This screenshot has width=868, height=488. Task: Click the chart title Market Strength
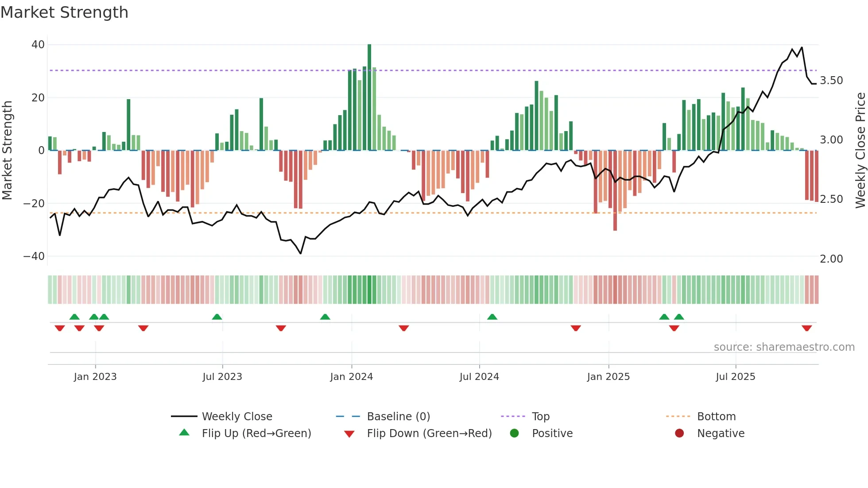click(x=64, y=12)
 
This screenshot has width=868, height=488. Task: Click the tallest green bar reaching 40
click(x=369, y=97)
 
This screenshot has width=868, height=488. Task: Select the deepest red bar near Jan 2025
click(x=615, y=190)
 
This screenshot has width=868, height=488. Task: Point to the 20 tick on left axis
click(x=38, y=97)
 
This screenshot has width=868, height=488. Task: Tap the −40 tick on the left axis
click(x=34, y=256)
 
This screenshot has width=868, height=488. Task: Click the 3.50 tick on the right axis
click(x=831, y=81)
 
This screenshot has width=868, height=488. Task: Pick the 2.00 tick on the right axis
click(x=831, y=259)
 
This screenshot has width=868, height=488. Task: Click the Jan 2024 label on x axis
click(x=352, y=377)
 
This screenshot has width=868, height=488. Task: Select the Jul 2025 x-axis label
click(x=736, y=377)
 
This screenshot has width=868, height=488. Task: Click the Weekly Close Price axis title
click(x=860, y=151)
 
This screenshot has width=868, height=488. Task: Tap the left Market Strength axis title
click(x=7, y=151)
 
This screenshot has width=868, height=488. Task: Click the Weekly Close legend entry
click(x=237, y=417)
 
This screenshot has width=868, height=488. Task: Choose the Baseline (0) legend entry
click(x=398, y=417)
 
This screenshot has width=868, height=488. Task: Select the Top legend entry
click(x=540, y=417)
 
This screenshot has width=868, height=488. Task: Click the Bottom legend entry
click(x=716, y=417)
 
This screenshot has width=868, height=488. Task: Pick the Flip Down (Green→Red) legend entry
click(x=429, y=434)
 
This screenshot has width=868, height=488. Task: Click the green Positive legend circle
click(x=514, y=434)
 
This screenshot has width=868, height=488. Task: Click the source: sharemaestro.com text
click(x=784, y=347)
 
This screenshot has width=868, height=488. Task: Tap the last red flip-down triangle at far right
click(x=806, y=328)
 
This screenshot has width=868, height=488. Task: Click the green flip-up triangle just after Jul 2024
click(x=492, y=317)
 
